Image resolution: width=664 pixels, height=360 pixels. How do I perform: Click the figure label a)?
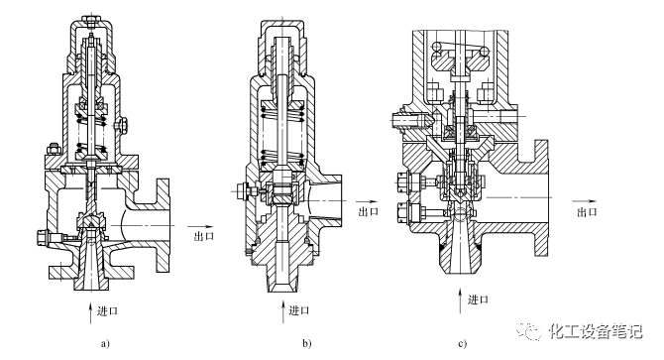[105, 343]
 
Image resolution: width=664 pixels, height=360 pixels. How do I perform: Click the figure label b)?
[307, 343]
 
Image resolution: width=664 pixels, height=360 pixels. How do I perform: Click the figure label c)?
[463, 343]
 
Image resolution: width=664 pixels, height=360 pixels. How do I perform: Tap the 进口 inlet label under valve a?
[108, 311]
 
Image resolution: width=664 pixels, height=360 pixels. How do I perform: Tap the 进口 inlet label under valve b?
[299, 310]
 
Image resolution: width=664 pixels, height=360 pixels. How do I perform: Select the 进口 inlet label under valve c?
[478, 300]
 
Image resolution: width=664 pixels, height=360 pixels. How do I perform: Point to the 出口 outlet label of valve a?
[204, 236]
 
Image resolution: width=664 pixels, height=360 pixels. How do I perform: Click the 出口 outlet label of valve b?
[369, 211]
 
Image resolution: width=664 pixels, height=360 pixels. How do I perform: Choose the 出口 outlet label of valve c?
[587, 212]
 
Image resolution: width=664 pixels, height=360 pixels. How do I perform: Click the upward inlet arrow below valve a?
[90, 312]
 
